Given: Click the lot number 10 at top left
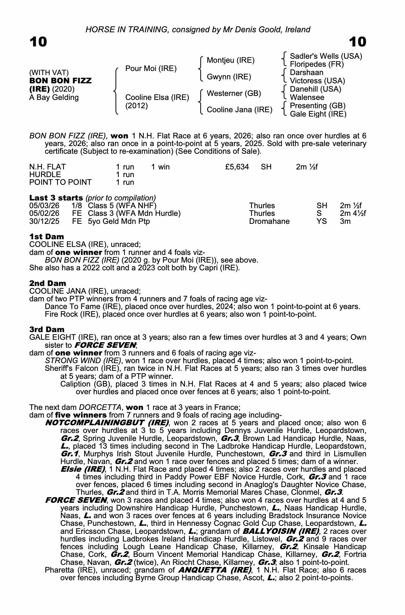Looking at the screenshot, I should (38, 42).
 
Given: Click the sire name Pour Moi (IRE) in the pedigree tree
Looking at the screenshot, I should (151, 69).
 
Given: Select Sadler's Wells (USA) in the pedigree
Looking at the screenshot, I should (326, 56).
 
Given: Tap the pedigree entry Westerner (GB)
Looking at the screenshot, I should (234, 93).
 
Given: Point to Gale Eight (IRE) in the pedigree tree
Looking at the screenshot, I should (318, 114).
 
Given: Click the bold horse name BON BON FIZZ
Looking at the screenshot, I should (60, 81).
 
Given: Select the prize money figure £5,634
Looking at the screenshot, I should (237, 167).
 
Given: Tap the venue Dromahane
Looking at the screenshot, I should (269, 221).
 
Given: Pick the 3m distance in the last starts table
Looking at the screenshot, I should (345, 221).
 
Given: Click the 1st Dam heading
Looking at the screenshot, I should (47, 237).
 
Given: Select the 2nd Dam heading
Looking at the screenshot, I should (48, 283).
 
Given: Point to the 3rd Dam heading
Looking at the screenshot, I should (47, 330).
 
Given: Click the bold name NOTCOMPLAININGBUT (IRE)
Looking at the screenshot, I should (107, 423).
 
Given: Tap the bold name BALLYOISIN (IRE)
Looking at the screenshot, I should (281, 531).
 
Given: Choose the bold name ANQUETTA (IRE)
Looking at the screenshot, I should (215, 570).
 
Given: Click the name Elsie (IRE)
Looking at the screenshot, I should (83, 469).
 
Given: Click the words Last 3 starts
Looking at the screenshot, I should (56, 198).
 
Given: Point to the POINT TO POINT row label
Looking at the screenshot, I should (60, 182).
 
